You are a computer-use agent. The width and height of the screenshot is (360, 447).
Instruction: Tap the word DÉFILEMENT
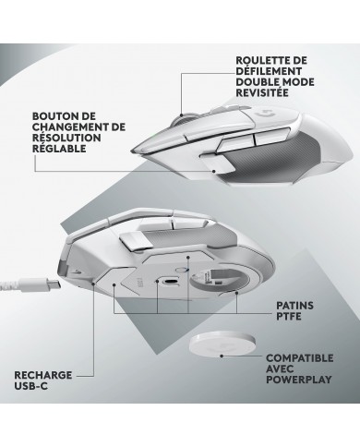(269, 71)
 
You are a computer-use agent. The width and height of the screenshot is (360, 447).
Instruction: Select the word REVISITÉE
(262, 92)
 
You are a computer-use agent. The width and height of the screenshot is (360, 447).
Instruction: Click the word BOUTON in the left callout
(53, 116)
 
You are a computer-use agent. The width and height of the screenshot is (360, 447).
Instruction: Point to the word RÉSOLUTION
(66, 138)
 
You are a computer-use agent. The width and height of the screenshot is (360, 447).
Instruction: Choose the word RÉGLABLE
(59, 149)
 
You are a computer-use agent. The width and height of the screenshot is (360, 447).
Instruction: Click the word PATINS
(294, 306)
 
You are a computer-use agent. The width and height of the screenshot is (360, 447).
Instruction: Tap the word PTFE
(289, 317)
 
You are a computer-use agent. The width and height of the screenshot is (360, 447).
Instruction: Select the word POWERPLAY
(299, 380)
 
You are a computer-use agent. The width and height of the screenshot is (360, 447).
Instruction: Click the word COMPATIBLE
(300, 358)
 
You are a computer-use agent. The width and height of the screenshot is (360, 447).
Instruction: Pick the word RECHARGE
(43, 375)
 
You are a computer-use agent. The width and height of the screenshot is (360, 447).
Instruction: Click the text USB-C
(31, 386)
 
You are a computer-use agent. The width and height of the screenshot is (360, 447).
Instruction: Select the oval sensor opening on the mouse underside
(170, 282)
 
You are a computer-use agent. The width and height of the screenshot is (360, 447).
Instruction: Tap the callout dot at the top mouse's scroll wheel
(182, 115)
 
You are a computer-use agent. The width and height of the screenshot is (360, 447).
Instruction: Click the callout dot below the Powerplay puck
(222, 356)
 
